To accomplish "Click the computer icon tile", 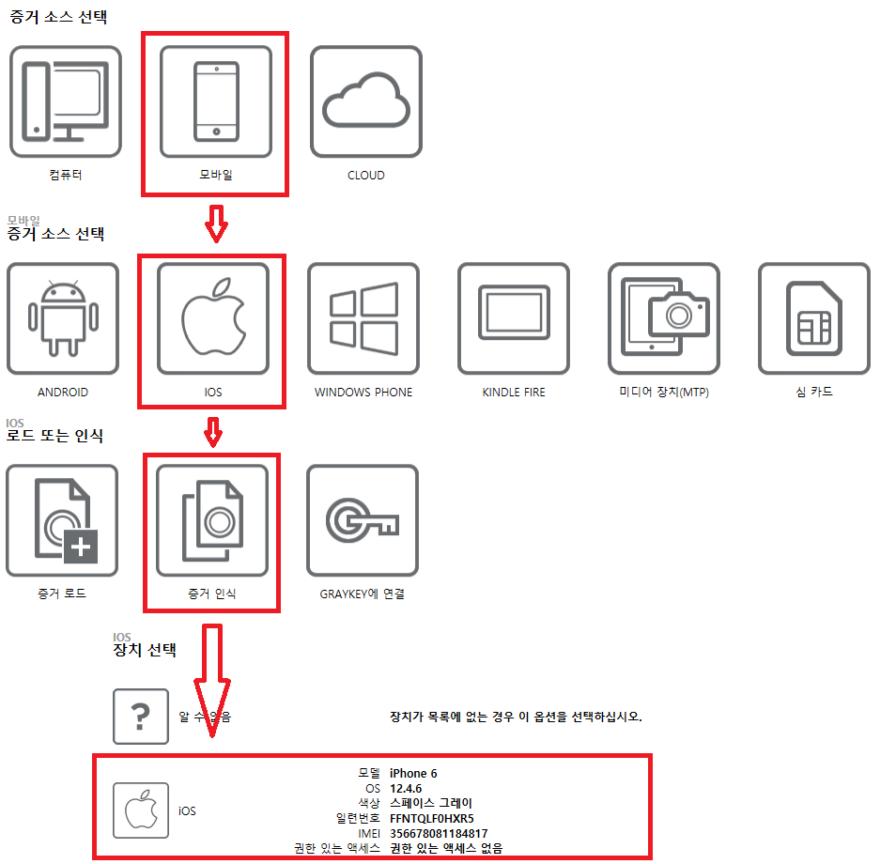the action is (66, 101).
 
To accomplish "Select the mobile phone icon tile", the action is (216, 101).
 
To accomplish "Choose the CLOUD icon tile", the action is (366, 101).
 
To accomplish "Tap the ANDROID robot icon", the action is (63, 318).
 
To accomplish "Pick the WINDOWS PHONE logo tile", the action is (363, 318).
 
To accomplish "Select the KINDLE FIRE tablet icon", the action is (514, 318).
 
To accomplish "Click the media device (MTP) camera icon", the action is (664, 318).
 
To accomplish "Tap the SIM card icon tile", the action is (814, 318).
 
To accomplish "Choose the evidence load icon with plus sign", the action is (62, 520).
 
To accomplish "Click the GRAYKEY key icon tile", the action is (363, 520).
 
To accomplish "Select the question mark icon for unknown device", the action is (141, 717).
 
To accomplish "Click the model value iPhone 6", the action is (413, 774).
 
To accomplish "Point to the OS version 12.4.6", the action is (406, 789).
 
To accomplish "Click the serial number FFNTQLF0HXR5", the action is (432, 818).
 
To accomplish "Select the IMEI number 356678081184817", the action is (439, 833).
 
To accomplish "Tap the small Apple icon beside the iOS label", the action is (141, 810).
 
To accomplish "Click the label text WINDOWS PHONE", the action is (363, 393).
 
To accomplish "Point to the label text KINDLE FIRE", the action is (514, 393).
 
